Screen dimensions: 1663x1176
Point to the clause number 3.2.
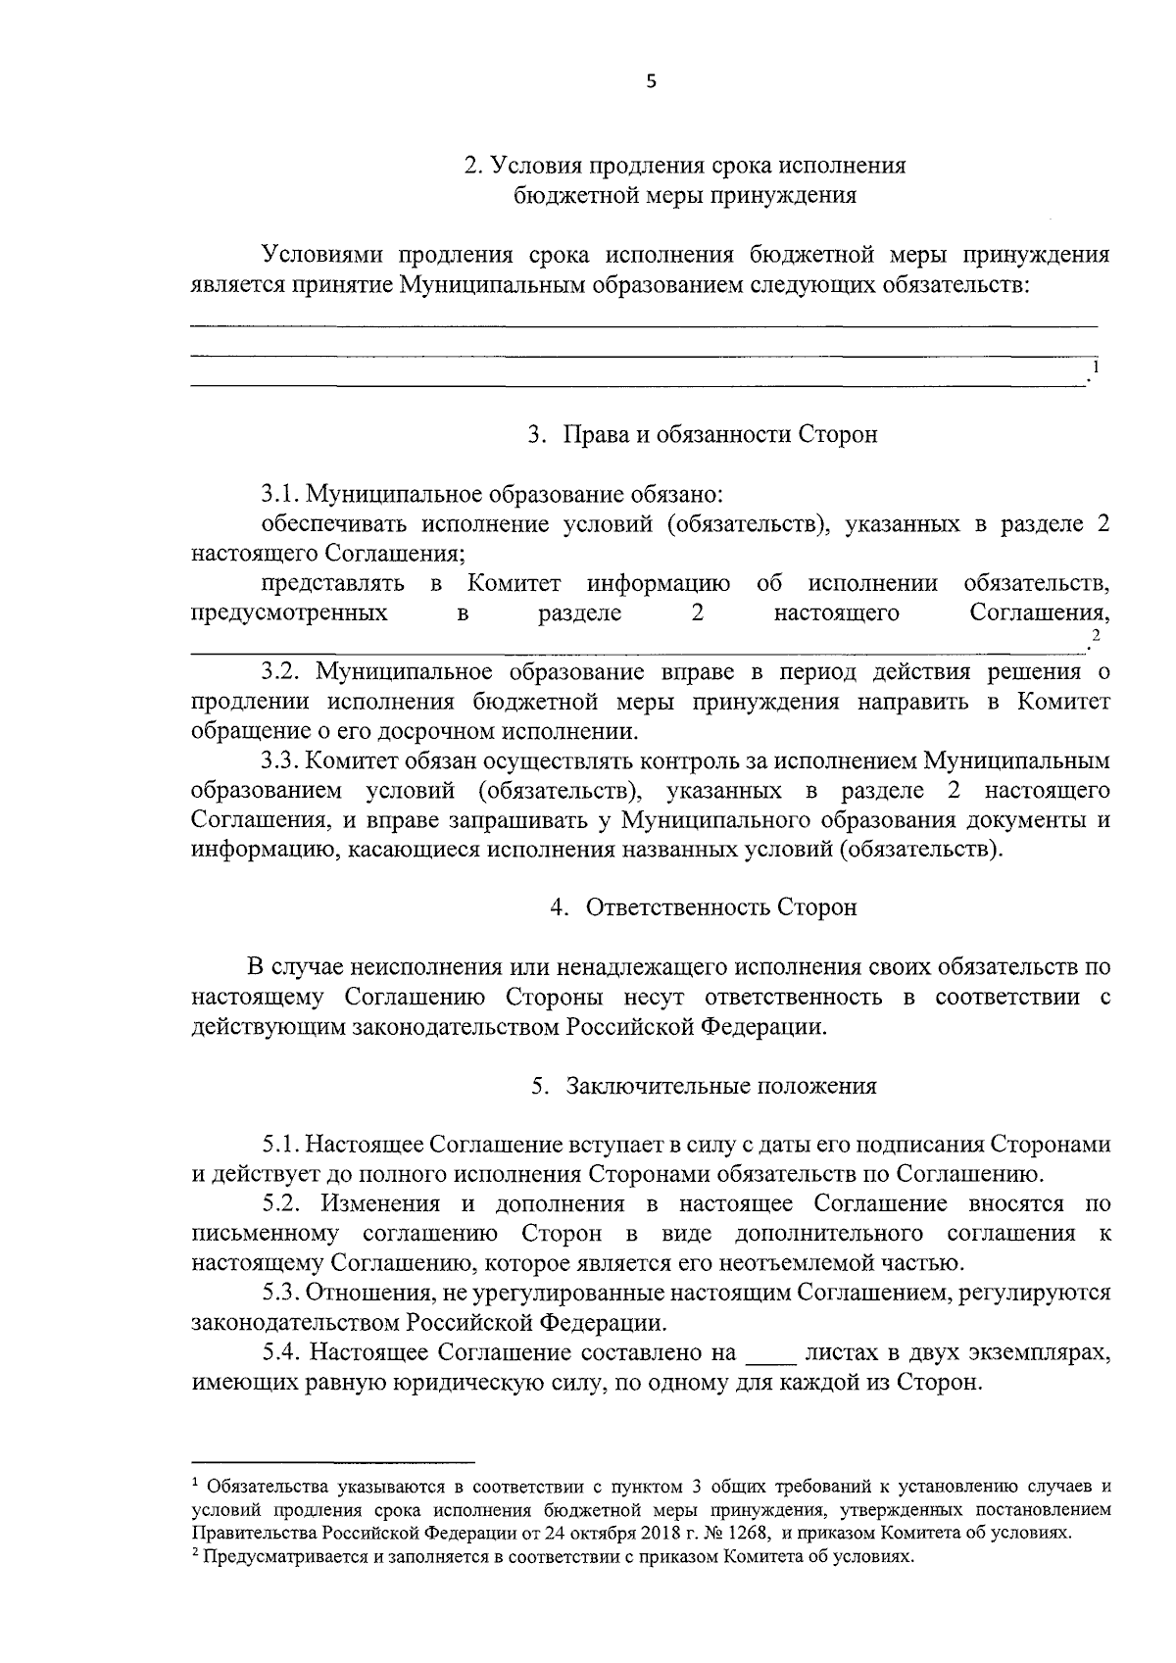pyautogui.click(x=280, y=672)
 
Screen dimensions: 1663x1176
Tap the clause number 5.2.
pyautogui.click(x=280, y=1203)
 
